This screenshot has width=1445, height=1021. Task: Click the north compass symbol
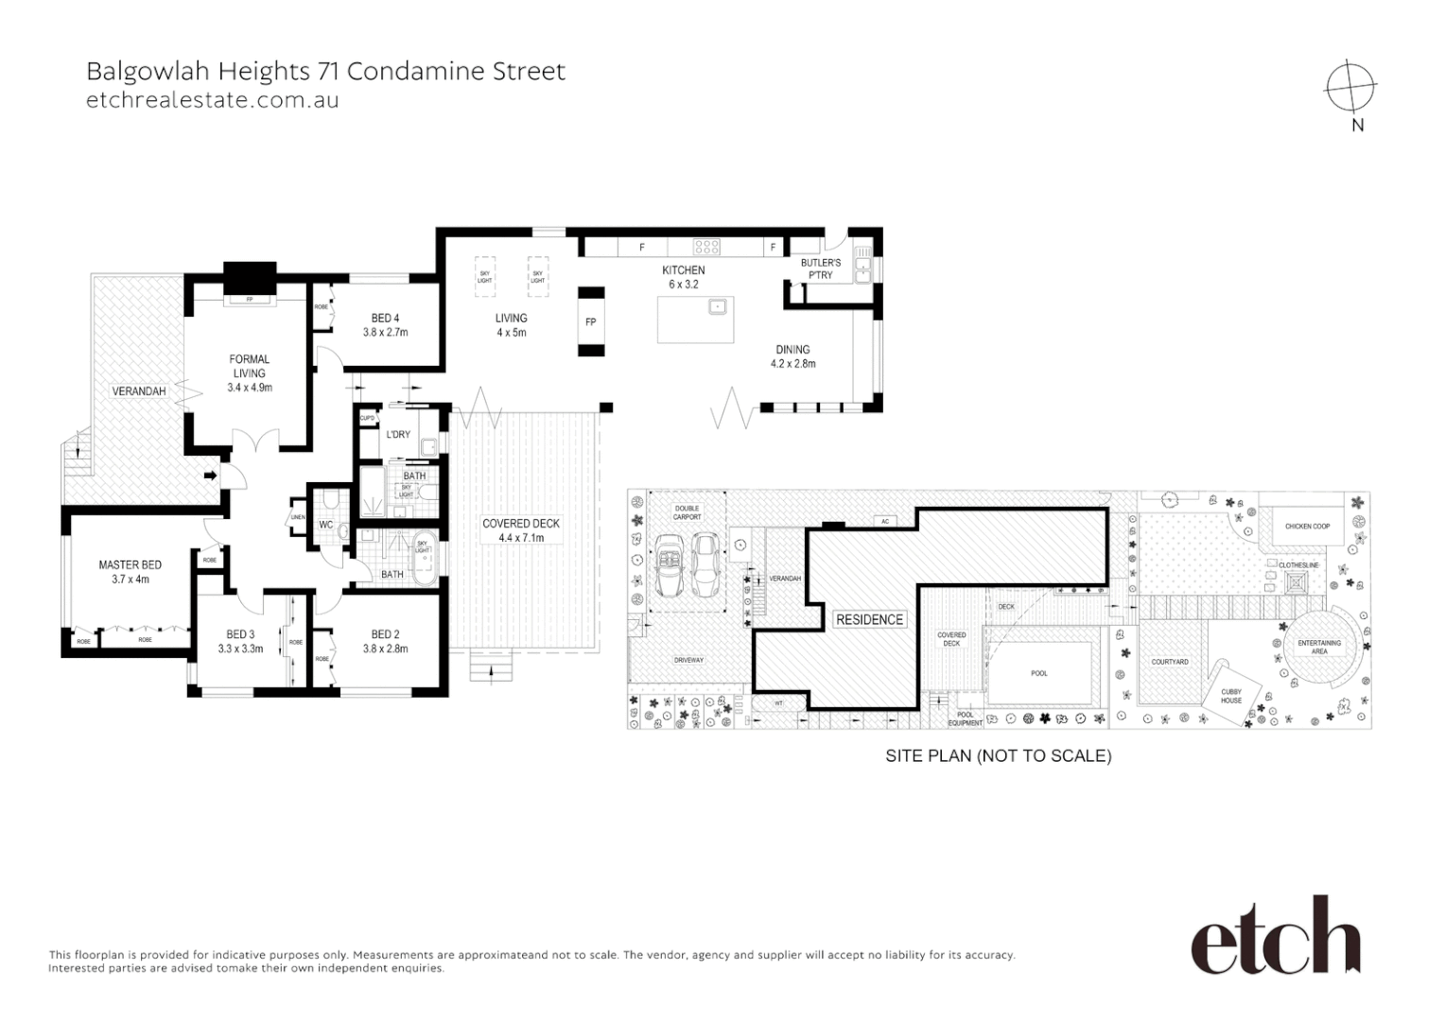click(1350, 88)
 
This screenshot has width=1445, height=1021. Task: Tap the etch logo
click(1275, 936)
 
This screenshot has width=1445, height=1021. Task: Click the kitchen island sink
click(718, 305)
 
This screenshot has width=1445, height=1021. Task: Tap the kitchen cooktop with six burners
click(706, 247)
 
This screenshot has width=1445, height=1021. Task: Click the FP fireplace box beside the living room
click(591, 322)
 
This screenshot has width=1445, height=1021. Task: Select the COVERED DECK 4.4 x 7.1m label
click(521, 530)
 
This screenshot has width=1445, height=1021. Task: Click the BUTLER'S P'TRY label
click(820, 268)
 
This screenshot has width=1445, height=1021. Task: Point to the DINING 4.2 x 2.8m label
click(792, 356)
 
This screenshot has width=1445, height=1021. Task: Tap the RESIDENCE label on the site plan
click(869, 619)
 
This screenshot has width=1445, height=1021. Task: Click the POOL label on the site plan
click(1039, 673)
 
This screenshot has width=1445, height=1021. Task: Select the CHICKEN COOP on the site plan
click(1307, 527)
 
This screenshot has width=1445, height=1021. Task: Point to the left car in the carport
click(670, 564)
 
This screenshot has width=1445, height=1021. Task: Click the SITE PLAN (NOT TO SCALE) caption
click(998, 756)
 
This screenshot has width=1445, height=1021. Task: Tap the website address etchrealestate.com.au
click(212, 100)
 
